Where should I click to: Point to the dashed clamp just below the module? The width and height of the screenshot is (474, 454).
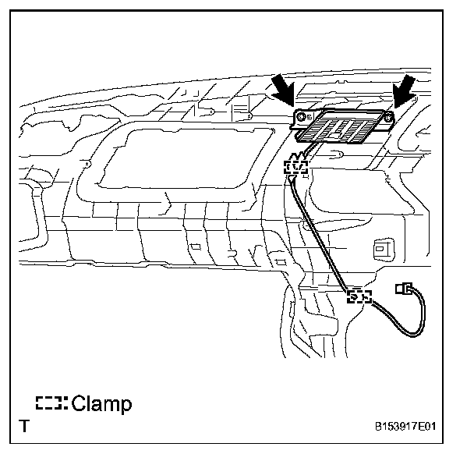[296, 165]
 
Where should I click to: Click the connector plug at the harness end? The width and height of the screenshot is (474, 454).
[404, 289]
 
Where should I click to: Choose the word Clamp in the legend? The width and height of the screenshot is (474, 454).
[101, 404]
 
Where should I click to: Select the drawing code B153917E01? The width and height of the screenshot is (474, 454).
[406, 427]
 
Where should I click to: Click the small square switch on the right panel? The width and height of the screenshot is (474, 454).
[382, 248]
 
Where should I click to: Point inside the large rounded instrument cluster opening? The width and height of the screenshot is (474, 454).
[179, 160]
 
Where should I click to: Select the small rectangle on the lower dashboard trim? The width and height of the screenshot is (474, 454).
[194, 248]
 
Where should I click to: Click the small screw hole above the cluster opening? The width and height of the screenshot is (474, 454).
[248, 116]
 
